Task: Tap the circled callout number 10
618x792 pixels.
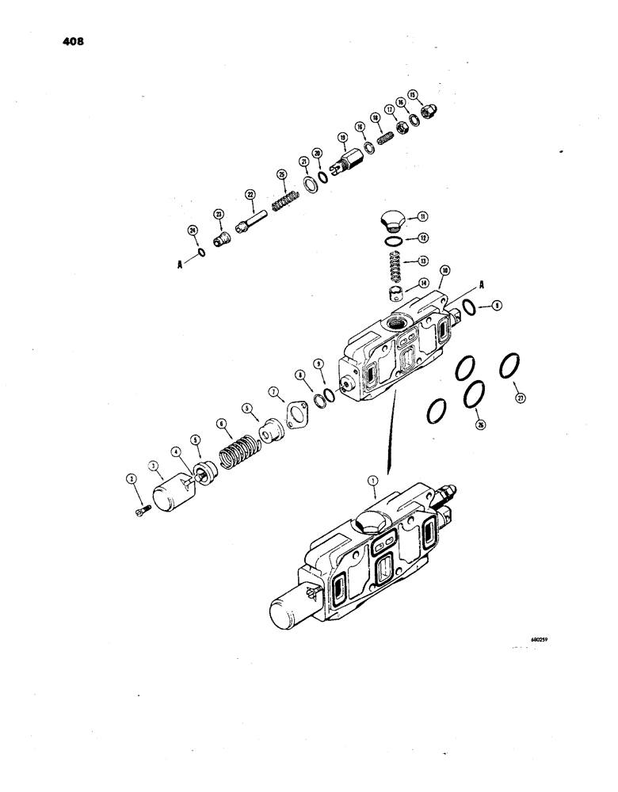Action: click(446, 272)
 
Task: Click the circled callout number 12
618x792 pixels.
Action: click(424, 237)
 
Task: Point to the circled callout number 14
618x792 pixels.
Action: click(424, 283)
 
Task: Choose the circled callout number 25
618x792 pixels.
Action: click(280, 176)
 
